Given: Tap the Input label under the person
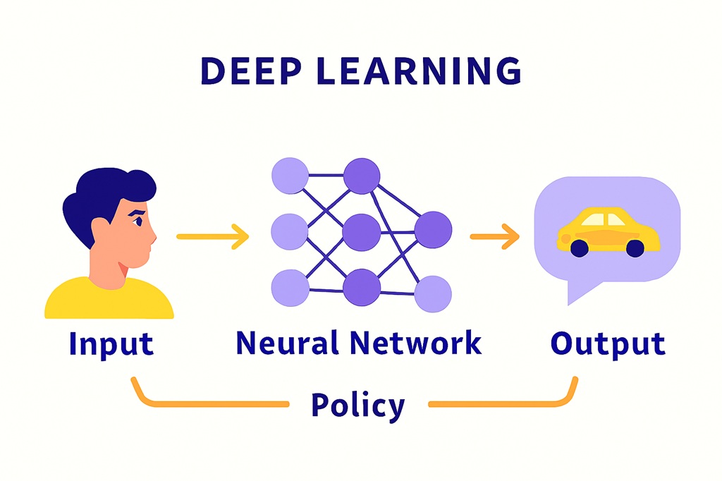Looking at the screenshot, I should coord(111,343).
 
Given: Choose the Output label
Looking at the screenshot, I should coord(607,343).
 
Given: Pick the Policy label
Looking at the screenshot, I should coord(358,405).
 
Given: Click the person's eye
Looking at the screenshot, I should coord(138,221).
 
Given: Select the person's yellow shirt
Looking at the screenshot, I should coord(109,300).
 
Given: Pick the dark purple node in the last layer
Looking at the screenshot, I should coord(432,230).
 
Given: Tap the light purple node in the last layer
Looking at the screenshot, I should coord(432,294).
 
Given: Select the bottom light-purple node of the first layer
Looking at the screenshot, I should coord(290,288).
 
